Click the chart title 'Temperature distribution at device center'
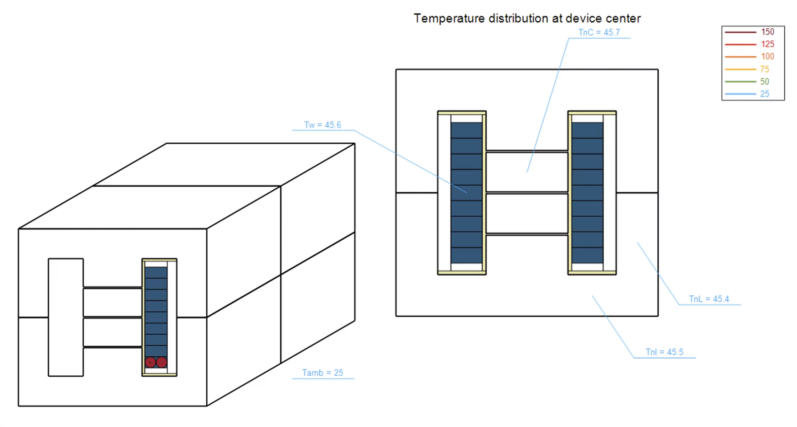point(527,18)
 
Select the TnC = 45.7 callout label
point(599,32)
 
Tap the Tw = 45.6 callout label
point(323,125)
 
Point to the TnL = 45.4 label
point(709,299)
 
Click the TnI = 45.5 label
point(664,352)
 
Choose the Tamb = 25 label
point(323,373)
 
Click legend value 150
point(767,32)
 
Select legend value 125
point(767,44)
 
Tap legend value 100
point(767,57)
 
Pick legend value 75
point(764,69)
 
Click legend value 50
point(764,82)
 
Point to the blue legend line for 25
point(740,94)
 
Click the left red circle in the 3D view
point(150,362)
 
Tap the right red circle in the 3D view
point(162,362)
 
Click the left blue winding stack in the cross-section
point(466,193)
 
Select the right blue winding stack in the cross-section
point(587,193)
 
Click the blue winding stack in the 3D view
point(156,311)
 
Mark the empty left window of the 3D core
point(66,317)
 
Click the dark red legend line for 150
point(740,32)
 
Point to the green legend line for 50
point(740,82)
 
